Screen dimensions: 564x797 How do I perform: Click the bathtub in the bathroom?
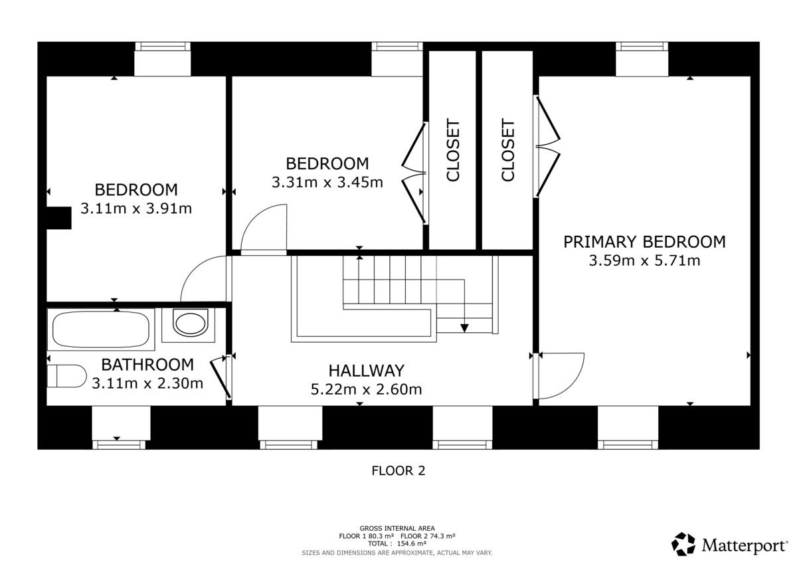100,329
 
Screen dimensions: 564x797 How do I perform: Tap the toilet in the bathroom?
66,375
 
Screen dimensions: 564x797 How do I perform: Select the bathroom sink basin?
190,324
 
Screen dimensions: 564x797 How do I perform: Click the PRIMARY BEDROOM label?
644,242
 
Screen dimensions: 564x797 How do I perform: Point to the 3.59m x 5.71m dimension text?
644,261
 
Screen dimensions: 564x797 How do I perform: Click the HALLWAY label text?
366,371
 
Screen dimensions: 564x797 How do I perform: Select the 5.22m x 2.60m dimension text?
366,389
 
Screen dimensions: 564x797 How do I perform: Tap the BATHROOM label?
147,365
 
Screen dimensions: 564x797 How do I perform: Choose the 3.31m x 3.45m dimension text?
327,182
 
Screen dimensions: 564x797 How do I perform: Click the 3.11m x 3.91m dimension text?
136,209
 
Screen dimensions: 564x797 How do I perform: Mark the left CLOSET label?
453,150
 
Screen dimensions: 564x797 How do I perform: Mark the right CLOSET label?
508,150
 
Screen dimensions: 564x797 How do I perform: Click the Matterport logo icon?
683,544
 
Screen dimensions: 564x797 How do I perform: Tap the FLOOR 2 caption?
398,471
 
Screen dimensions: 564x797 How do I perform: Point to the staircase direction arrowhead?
464,327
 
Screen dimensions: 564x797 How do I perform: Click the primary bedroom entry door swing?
561,375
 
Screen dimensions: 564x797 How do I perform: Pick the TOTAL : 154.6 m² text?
397,543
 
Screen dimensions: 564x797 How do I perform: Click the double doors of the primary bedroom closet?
547,147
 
